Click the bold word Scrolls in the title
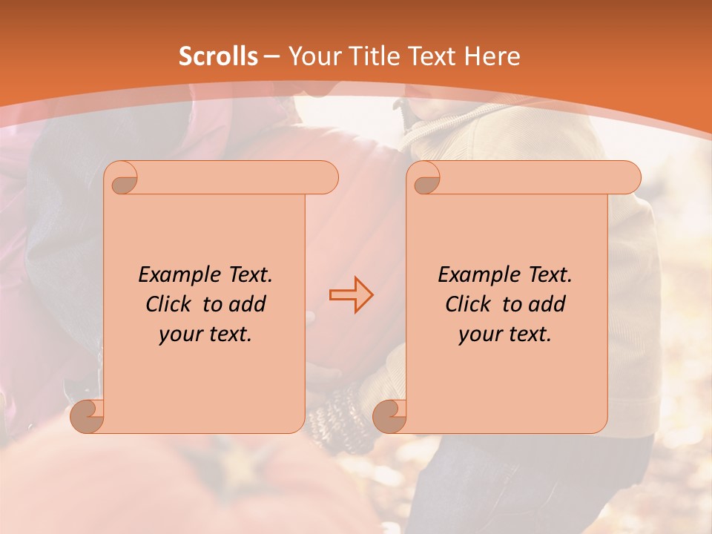coord(218,56)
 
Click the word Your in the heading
coord(313,56)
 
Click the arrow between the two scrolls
coord(351,295)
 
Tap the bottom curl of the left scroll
coord(88,415)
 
